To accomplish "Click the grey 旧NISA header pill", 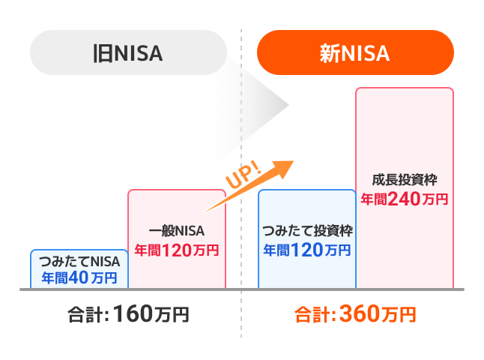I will pyautogui.click(x=127, y=53).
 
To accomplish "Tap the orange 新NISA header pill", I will pyautogui.click(x=355, y=53).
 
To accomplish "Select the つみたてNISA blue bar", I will pyautogui.click(x=79, y=268).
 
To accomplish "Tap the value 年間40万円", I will pyautogui.click(x=79, y=277).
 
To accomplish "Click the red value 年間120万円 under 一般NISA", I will pyautogui.click(x=176, y=250).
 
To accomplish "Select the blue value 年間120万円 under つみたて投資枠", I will pyautogui.click(x=306, y=248).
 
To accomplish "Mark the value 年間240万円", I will pyautogui.click(x=405, y=199).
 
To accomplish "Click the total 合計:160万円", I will pyautogui.click(x=127, y=313).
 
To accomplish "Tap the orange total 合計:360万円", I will pyautogui.click(x=355, y=313).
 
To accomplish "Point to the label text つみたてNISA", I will pyautogui.click(x=79, y=262).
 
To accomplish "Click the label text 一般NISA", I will pyautogui.click(x=176, y=231).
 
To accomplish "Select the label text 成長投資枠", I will pyautogui.click(x=405, y=181).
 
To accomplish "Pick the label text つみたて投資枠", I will pyautogui.click(x=306, y=230).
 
